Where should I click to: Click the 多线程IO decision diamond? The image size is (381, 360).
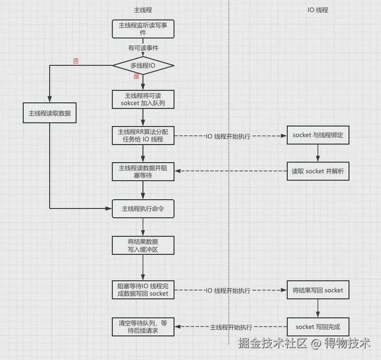tap(143, 65)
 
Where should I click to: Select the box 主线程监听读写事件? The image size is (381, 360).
tap(143, 29)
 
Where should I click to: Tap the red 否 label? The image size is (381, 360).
tap(76, 61)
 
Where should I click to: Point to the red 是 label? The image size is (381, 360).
tap(136, 76)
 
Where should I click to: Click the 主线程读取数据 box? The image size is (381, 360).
tap(50, 113)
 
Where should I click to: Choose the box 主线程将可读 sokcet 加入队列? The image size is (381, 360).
tap(143, 99)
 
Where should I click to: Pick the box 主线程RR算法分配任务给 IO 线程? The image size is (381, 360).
tap(143, 135)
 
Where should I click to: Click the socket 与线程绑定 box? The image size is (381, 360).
tap(318, 135)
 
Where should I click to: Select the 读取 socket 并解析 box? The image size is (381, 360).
tap(318, 171)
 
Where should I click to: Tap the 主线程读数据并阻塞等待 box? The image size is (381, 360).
tap(143, 172)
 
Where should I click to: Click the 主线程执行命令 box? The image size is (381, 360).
tap(143, 209)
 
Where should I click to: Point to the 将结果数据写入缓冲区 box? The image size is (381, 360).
tap(143, 245)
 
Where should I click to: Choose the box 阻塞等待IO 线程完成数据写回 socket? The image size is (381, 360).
tap(143, 290)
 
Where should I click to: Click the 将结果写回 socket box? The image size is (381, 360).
tap(318, 290)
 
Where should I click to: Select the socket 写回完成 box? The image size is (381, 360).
tap(318, 327)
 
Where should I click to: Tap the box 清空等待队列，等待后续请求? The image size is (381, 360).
tap(143, 327)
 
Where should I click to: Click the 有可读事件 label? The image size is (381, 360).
tap(143, 48)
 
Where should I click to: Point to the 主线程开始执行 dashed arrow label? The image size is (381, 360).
tap(231, 327)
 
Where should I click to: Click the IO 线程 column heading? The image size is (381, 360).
tap(318, 10)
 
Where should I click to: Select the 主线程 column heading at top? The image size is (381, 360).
tap(143, 10)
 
